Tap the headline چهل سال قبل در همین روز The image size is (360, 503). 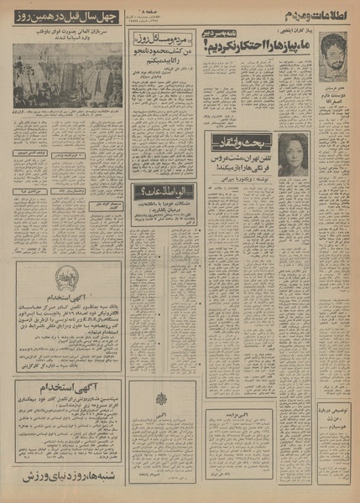[x=64, y=18]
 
